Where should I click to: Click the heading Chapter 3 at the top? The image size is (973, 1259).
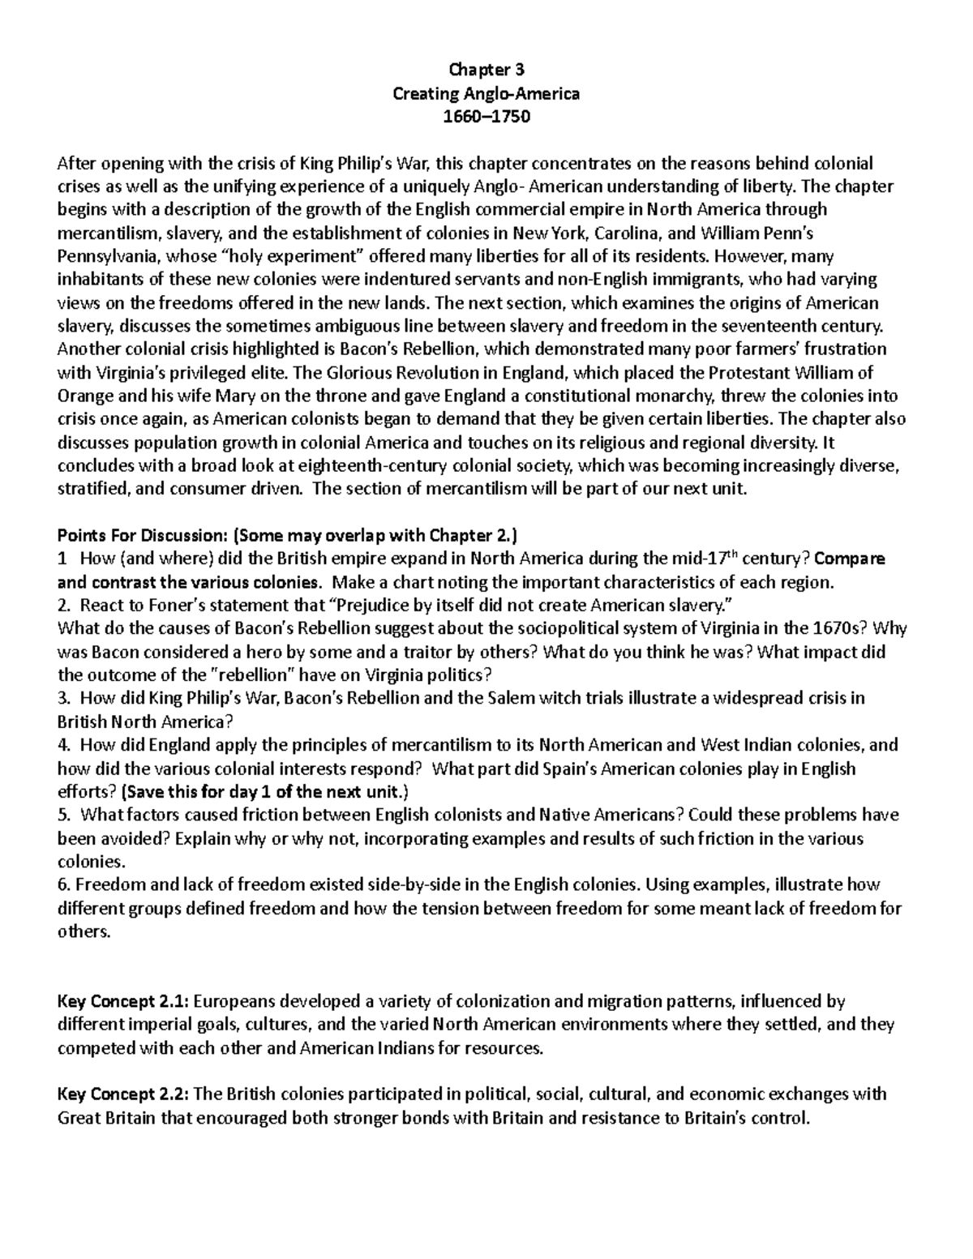pyautogui.click(x=486, y=70)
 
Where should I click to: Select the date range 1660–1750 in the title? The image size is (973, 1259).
pyautogui.click(x=486, y=116)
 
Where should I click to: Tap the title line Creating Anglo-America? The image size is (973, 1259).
pyautogui.click(x=486, y=93)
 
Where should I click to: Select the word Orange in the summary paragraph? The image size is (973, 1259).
pyautogui.click(x=82, y=396)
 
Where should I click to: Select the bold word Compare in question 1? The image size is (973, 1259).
pyautogui.click(x=849, y=559)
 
